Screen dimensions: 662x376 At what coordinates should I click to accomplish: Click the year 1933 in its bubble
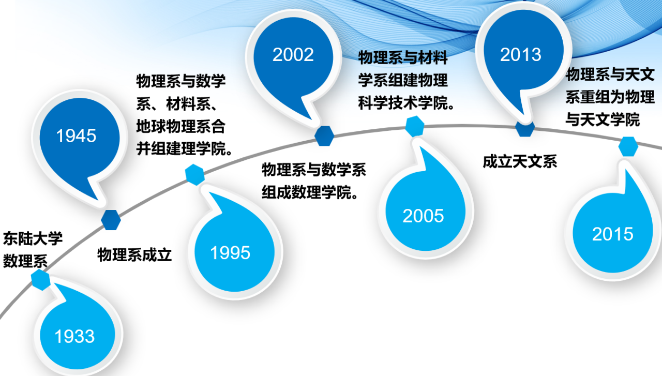(x=74, y=336)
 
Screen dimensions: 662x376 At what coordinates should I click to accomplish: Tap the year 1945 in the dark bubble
(x=76, y=136)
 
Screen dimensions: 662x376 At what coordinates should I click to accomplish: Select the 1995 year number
(x=230, y=253)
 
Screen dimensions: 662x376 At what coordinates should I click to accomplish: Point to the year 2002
(x=293, y=55)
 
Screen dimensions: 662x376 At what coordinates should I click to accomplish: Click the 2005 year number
(x=423, y=216)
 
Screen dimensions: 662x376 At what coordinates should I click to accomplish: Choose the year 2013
(x=520, y=55)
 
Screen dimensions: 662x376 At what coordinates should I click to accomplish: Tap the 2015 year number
(x=613, y=234)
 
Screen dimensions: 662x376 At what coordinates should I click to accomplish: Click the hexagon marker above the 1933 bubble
(x=41, y=280)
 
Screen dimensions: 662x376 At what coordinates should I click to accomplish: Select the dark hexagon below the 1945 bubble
(x=111, y=220)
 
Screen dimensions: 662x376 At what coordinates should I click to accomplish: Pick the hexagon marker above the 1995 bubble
(x=195, y=175)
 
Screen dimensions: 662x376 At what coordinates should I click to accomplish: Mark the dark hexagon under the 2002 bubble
(x=324, y=136)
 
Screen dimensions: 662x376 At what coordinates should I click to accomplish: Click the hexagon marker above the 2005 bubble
(x=415, y=126)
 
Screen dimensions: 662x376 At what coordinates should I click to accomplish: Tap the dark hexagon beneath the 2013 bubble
(x=525, y=129)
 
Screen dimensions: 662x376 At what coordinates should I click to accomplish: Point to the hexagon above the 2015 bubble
(x=628, y=146)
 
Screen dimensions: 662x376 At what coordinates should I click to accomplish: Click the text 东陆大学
(x=33, y=238)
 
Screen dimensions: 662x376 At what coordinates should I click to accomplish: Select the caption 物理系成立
(x=134, y=255)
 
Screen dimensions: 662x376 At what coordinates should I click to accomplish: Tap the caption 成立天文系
(x=520, y=162)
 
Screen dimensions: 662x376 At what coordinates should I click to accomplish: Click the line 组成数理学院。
(x=310, y=192)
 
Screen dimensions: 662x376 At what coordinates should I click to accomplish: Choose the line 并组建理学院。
(x=184, y=148)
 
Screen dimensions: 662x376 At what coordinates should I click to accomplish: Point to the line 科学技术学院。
(x=406, y=103)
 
